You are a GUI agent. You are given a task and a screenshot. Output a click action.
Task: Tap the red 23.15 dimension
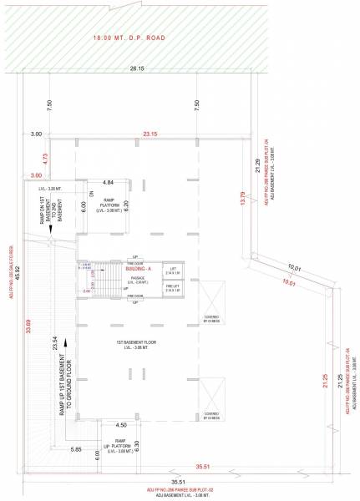pyautogui.click(x=150, y=134)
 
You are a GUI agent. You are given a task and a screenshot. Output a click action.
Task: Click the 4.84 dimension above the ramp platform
pyautogui.click(x=108, y=181)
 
